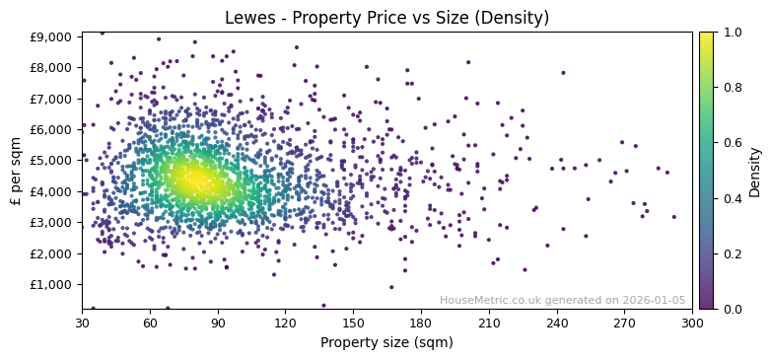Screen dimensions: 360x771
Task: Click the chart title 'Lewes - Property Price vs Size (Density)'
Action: tap(386, 18)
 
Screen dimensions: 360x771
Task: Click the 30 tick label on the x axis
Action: tap(82, 323)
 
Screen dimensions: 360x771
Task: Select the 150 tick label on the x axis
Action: tap(353, 323)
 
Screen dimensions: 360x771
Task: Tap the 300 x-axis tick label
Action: tap(692, 323)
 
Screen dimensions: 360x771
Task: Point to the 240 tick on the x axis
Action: tap(557, 323)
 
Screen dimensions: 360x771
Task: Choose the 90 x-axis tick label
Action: tap(218, 323)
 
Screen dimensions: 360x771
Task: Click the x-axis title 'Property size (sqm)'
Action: tap(386, 342)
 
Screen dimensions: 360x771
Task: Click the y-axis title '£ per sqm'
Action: tap(16, 170)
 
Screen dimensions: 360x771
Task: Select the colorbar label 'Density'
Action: tap(755, 170)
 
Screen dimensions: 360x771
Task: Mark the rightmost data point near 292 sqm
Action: tap(674, 217)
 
